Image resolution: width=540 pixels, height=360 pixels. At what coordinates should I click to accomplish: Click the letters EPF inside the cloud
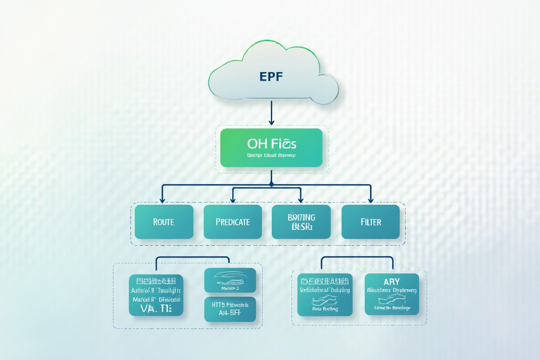click(x=271, y=76)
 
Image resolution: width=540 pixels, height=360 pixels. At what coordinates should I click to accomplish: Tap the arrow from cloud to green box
click(x=271, y=112)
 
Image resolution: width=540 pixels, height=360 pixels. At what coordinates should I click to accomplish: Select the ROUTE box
click(x=164, y=222)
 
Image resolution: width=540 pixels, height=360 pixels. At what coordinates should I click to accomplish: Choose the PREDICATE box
click(x=233, y=222)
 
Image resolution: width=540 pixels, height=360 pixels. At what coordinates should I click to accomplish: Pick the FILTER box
click(x=370, y=222)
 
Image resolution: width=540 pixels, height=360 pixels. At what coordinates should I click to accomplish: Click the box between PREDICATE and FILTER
click(x=301, y=222)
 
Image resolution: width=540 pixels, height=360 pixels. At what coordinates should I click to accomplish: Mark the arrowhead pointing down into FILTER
click(x=371, y=199)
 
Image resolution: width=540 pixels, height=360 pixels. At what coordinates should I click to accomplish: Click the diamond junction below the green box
click(x=271, y=184)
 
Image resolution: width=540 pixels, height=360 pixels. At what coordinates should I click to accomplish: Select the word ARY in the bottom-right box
click(x=391, y=282)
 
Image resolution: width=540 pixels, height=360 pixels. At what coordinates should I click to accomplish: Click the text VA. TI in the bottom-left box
click(x=156, y=309)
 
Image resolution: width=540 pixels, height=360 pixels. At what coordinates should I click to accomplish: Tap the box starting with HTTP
click(x=230, y=309)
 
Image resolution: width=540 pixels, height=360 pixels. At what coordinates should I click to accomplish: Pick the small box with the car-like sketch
click(x=230, y=280)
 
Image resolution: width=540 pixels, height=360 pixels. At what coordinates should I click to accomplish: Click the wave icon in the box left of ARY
click(x=324, y=299)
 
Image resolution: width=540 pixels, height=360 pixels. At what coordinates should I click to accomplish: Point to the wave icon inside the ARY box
click(x=391, y=299)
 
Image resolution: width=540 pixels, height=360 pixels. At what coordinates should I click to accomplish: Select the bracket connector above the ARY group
click(x=357, y=257)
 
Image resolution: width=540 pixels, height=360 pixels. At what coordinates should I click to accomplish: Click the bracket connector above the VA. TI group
click(x=193, y=258)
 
